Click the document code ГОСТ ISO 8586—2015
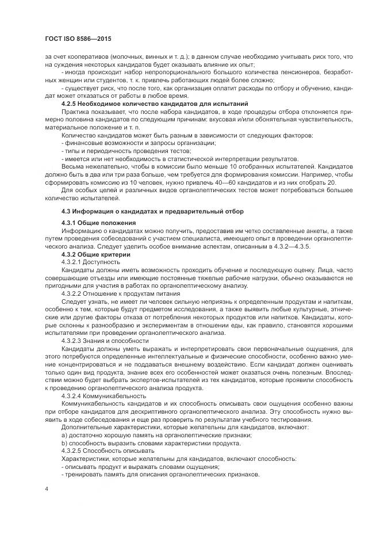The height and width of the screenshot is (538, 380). [x=78, y=39]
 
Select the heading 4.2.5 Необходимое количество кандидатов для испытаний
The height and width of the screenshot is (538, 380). [x=145, y=103]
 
